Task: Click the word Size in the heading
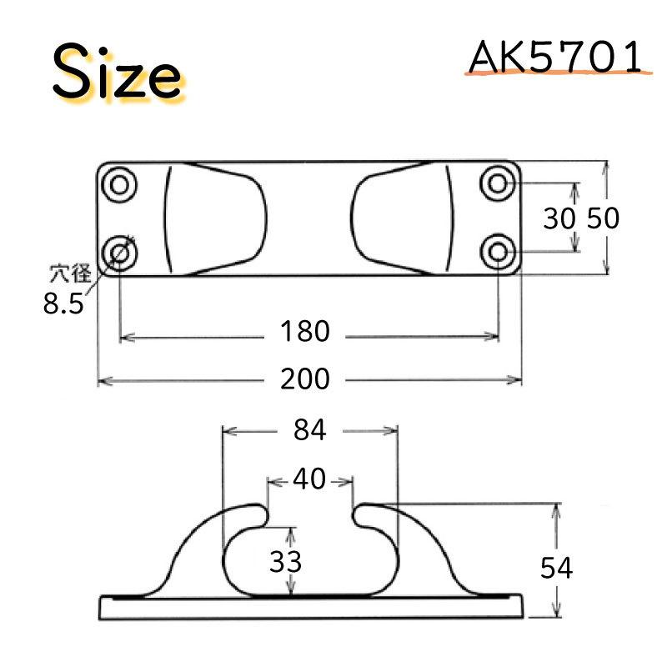coord(118,73)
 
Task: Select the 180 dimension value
coord(305,332)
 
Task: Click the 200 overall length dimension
coord(305,379)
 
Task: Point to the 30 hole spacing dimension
coord(559,218)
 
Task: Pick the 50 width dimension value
coord(603,218)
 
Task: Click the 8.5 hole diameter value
coord(63,303)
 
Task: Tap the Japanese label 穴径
coord(68,271)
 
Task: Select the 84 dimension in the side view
coord(309,430)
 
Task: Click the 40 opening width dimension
coord(310,480)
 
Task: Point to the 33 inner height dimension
coord(285,561)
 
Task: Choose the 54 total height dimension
coord(556,569)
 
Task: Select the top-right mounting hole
coord(498,183)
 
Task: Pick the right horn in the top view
coord(404,218)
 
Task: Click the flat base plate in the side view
coord(310,608)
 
